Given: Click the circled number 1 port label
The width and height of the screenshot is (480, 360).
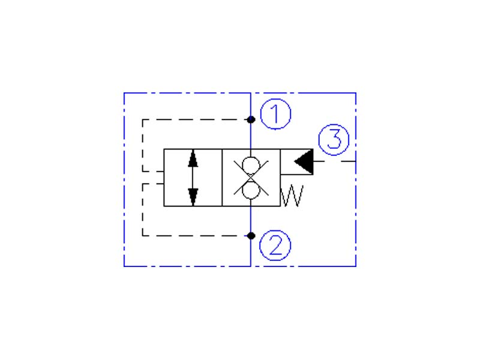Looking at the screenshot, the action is (275, 114).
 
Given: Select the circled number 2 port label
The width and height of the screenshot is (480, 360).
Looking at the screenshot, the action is (275, 245).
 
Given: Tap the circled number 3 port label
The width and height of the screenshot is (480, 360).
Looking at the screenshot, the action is (334, 140).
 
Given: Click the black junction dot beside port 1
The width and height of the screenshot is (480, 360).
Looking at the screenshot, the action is (251, 119).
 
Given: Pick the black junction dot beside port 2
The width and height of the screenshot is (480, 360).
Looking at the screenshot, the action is (251, 236).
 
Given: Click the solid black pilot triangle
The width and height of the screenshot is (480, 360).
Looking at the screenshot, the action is (304, 161).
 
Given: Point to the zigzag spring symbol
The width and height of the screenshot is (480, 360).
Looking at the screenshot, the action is (292, 196).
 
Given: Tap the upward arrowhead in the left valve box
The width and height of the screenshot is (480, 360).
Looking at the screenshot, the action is (193, 158).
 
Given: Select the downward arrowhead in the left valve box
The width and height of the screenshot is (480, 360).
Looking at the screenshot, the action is (193, 197).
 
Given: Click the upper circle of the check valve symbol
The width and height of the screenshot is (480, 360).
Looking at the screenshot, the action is (251, 166).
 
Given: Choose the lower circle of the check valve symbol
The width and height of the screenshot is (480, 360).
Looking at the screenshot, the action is (251, 190).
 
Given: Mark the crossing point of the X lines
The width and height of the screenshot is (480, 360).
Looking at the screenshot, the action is (251, 178).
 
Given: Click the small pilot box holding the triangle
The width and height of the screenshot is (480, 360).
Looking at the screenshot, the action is (296, 161).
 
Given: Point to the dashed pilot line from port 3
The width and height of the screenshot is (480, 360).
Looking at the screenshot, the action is (335, 161).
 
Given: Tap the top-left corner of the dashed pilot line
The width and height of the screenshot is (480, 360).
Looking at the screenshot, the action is (143, 119).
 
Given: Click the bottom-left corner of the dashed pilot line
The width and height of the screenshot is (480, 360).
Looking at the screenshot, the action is (143, 236).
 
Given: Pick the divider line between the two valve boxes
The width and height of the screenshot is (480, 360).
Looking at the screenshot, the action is (222, 178).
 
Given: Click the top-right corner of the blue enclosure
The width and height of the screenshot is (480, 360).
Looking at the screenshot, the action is (356, 93).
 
